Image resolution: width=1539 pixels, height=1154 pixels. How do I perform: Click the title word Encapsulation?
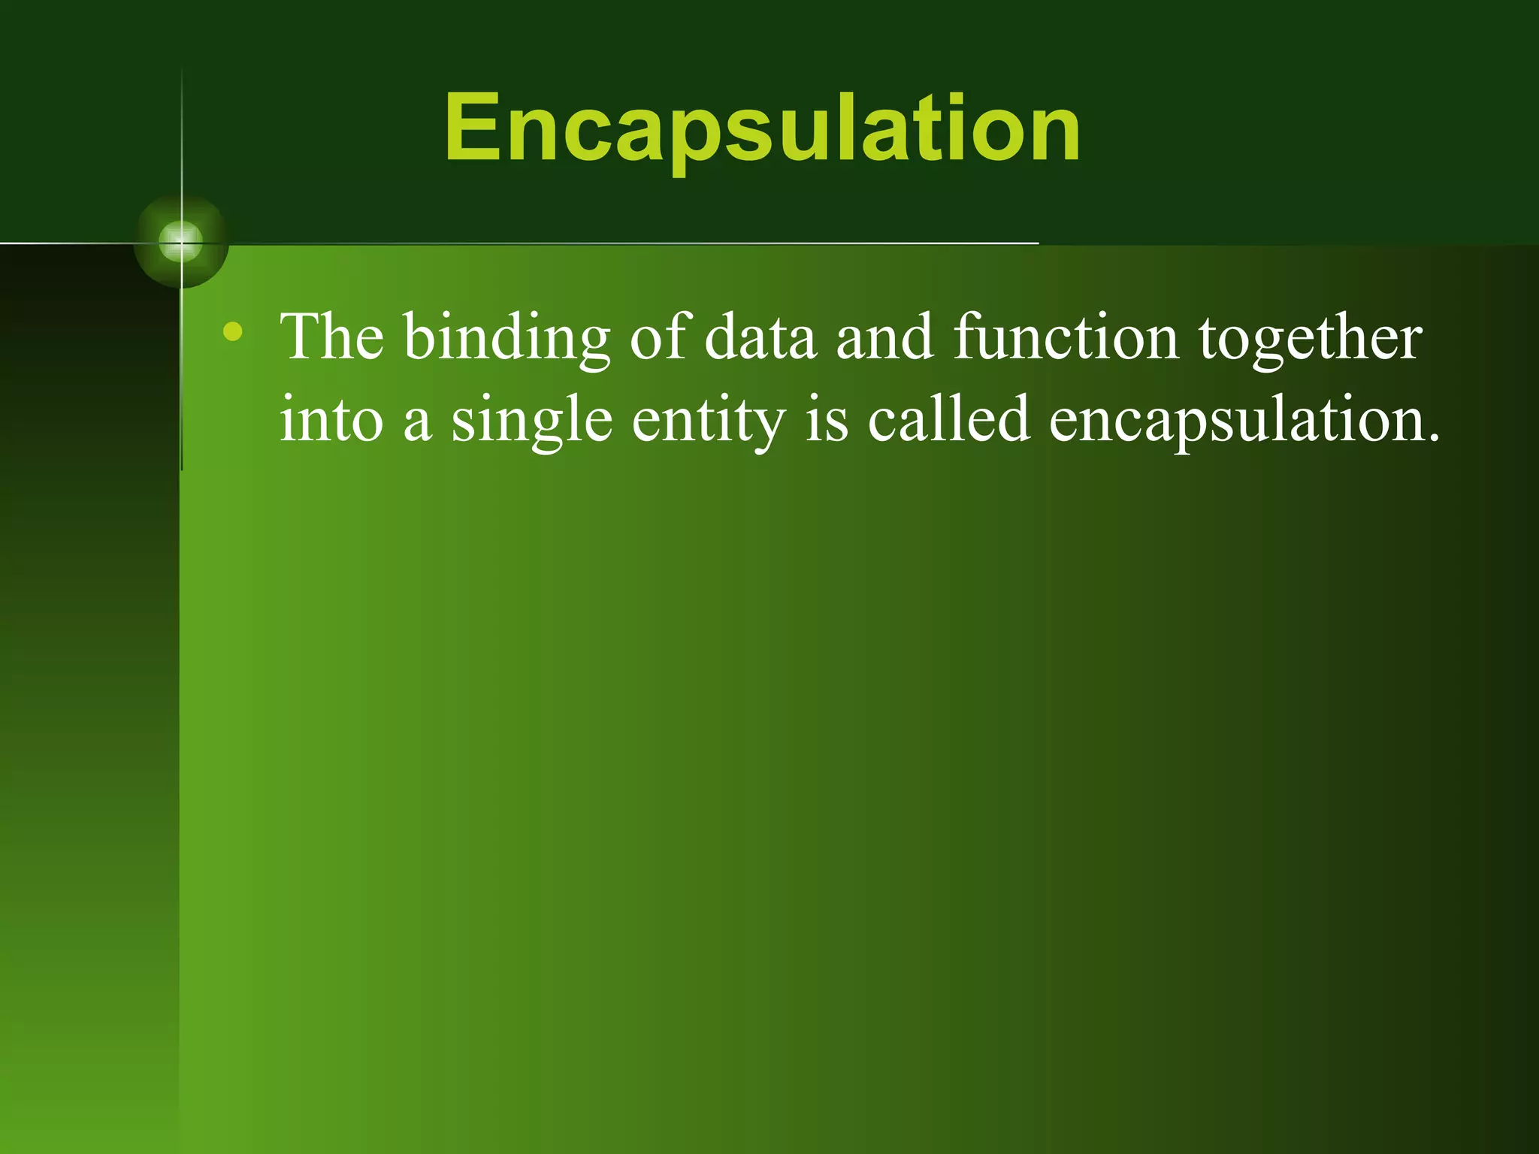coord(762,128)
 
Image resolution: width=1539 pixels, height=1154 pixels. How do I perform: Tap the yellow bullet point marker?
coord(233,331)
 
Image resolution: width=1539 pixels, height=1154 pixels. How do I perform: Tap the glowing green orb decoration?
coord(181,242)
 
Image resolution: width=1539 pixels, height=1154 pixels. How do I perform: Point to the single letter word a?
coord(417,424)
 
